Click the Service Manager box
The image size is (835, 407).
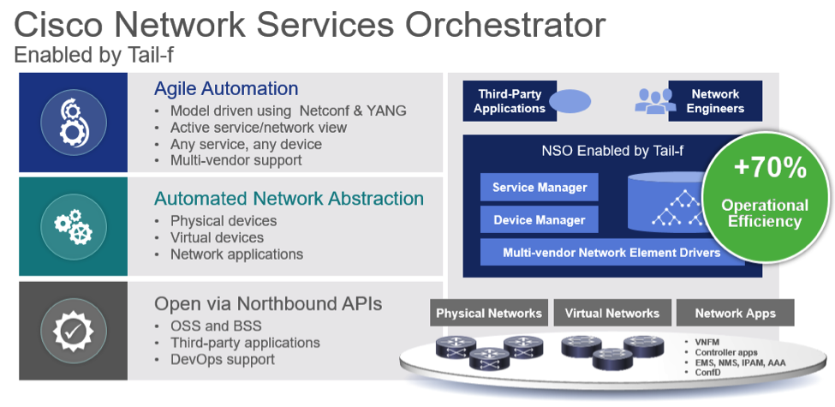tap(540, 188)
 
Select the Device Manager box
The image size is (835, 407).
tap(540, 220)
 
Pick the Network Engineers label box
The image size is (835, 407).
tap(715, 101)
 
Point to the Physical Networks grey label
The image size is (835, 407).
tap(489, 313)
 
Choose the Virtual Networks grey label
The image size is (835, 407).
tap(611, 313)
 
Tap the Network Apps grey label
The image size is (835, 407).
tap(735, 313)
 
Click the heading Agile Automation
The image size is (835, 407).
tap(226, 89)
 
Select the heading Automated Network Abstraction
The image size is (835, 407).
tap(289, 199)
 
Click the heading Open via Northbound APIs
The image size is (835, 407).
tap(268, 304)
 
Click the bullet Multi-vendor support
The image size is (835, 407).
tap(236, 160)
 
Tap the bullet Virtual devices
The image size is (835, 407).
tap(217, 237)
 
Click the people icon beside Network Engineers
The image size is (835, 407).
tap(654, 101)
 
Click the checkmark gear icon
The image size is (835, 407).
tap(72, 331)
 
